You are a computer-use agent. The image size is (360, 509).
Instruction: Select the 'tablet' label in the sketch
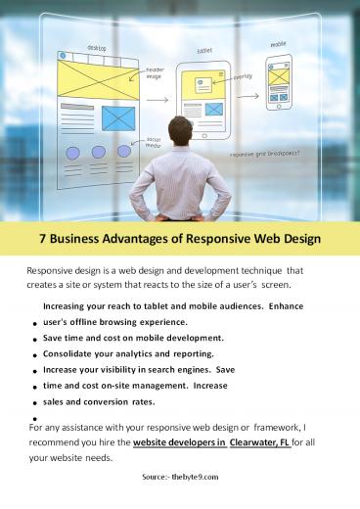click(204, 50)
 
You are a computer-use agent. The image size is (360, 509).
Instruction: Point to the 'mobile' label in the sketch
click(279, 44)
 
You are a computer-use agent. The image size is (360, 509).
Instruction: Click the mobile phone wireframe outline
click(278, 82)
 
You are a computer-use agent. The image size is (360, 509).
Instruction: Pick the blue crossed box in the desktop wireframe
click(117, 118)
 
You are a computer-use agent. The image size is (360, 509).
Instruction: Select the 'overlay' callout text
click(243, 75)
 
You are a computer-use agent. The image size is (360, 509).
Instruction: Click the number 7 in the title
click(41, 239)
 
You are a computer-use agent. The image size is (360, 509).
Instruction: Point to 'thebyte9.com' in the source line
click(196, 477)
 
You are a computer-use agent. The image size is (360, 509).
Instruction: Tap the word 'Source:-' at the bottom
click(157, 477)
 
